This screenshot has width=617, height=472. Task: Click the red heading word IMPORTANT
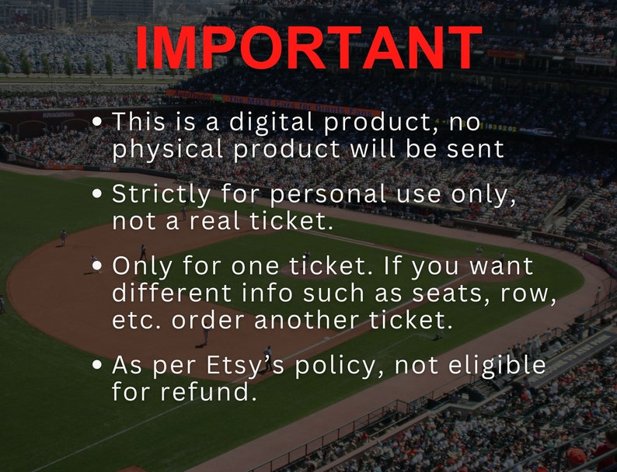pos(308,48)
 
